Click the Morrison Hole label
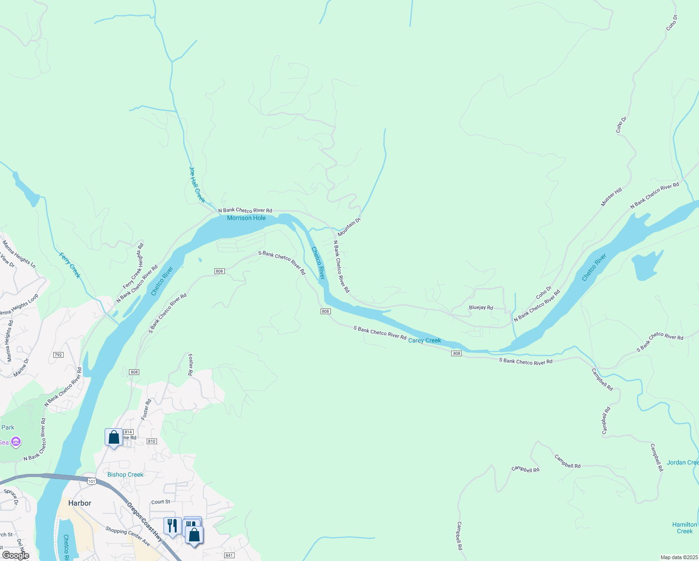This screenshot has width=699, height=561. pyautogui.click(x=246, y=218)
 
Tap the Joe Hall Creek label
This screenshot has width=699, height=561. pyautogui.click(x=197, y=185)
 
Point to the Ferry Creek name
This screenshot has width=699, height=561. pyautogui.click(x=70, y=265)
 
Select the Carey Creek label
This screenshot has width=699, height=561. pyautogui.click(x=424, y=340)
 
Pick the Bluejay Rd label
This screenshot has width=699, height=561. pyautogui.click(x=481, y=308)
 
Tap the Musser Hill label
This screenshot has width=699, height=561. pyautogui.click(x=611, y=197)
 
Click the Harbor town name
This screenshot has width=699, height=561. pyautogui.click(x=80, y=503)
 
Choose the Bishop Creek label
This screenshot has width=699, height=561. pyautogui.click(x=125, y=475)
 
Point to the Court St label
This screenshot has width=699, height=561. pyautogui.click(x=161, y=502)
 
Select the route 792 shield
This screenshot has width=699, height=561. pyautogui.click(x=58, y=355)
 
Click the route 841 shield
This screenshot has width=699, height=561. pyautogui.click(x=229, y=555)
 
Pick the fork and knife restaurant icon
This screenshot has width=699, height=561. pyautogui.click(x=172, y=526)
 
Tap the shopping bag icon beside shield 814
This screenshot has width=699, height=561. pyautogui.click(x=114, y=437)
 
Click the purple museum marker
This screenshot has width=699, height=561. pyautogui.click(x=16, y=442)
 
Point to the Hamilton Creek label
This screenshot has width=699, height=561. pyautogui.click(x=685, y=528)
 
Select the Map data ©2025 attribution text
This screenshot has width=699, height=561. pyautogui.click(x=678, y=557)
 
